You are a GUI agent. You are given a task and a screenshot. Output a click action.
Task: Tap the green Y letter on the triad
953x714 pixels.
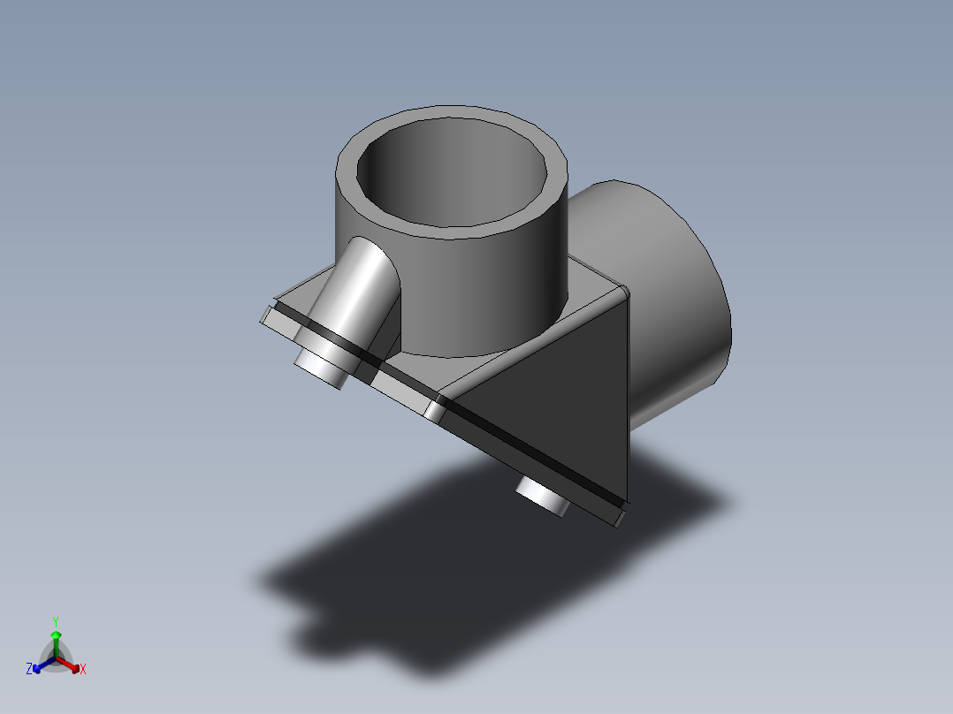(55, 620)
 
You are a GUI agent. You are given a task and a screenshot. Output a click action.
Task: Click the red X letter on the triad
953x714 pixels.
(83, 670)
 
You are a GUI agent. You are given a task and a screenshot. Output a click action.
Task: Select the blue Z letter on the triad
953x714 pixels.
(29, 670)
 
